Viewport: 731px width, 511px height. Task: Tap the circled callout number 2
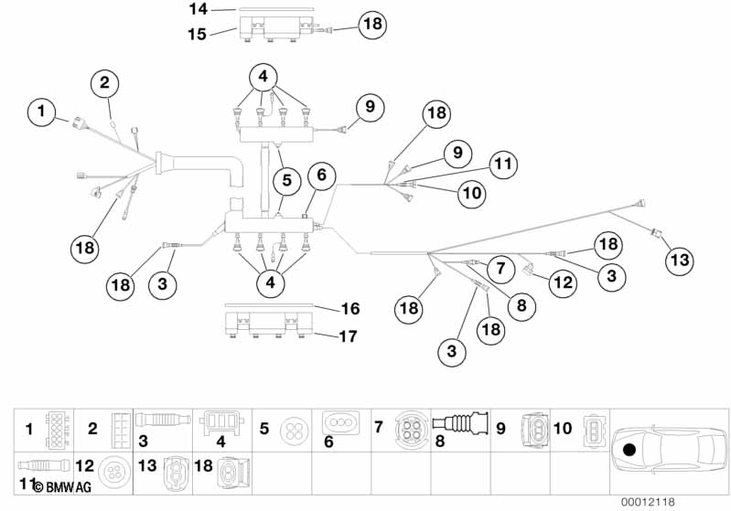point(105,83)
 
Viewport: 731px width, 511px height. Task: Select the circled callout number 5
point(287,181)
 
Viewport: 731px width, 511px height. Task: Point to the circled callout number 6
point(320,174)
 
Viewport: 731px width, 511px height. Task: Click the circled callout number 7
point(500,269)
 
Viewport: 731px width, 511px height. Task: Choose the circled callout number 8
point(521,305)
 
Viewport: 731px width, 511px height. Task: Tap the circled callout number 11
point(500,165)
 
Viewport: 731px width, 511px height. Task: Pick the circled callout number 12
point(563,283)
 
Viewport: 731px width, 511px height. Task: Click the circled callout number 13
point(679,261)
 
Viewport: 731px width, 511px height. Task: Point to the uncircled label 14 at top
point(199,9)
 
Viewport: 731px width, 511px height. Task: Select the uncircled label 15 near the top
point(198,35)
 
